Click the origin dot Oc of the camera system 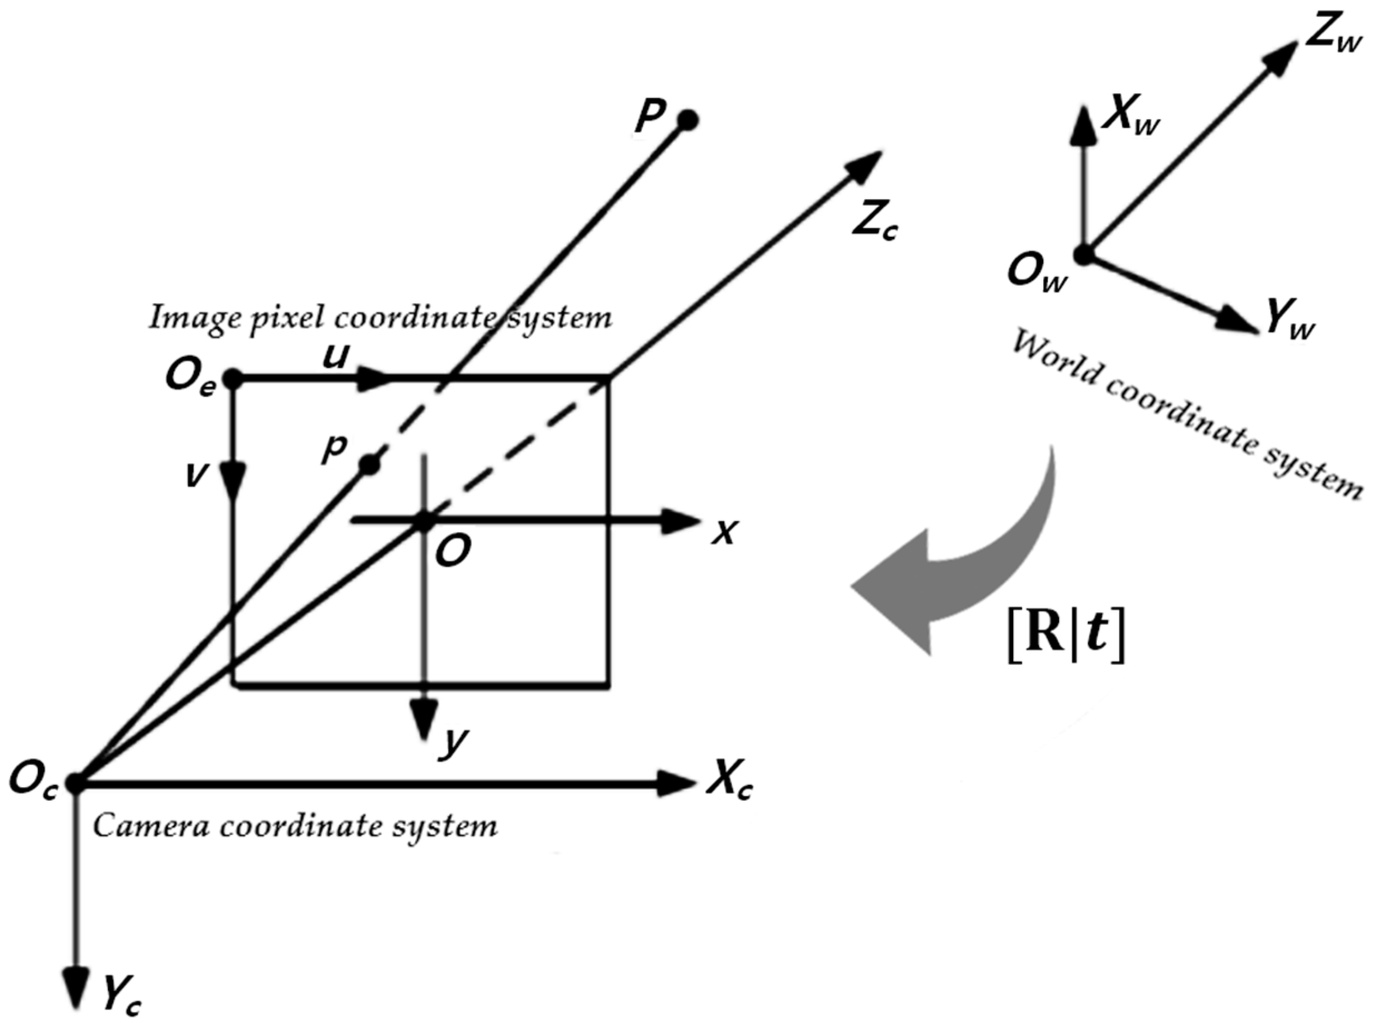click(x=76, y=783)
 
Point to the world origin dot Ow click(x=1084, y=254)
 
